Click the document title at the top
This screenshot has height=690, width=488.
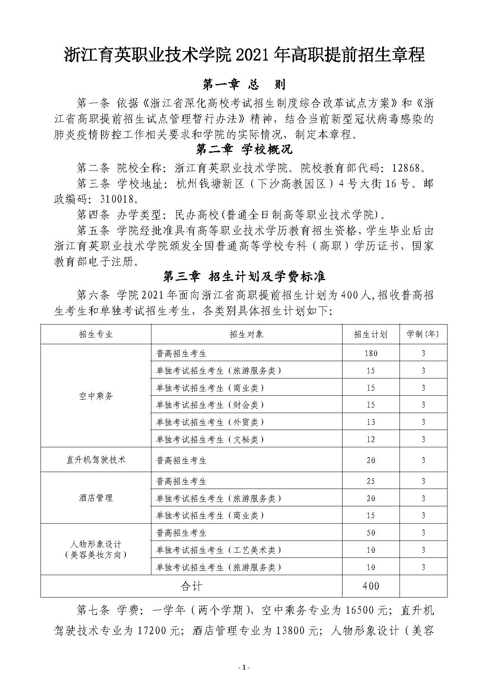click(244, 55)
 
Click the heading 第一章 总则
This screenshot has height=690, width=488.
click(244, 84)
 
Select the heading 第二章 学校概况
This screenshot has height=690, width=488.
click(244, 150)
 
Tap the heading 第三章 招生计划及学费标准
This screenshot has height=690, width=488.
click(244, 276)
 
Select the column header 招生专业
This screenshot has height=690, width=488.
click(96, 334)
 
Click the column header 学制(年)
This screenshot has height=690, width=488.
click(423, 334)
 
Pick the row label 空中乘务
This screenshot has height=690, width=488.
click(96, 396)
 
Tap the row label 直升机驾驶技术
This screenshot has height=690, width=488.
click(96, 459)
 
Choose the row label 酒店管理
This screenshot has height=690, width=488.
click(96, 498)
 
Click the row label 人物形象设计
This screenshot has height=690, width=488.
click(96, 545)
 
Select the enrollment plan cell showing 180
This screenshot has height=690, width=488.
click(370, 353)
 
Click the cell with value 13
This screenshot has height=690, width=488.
click(370, 422)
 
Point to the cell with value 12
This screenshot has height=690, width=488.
click(370, 439)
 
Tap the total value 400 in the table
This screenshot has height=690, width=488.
click(370, 586)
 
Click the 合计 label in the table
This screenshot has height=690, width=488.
click(191, 586)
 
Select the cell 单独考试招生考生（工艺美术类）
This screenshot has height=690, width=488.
click(219, 550)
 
